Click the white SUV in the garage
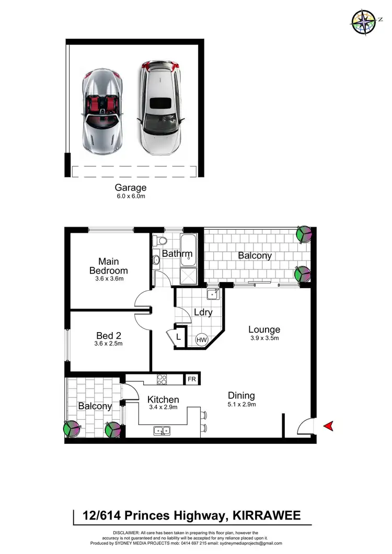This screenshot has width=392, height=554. [159, 108]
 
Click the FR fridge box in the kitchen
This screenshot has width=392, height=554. [192, 379]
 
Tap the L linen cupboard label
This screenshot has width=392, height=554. [178, 337]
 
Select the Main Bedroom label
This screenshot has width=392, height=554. [108, 266]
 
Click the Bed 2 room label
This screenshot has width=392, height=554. [109, 336]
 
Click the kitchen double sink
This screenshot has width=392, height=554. [162, 431]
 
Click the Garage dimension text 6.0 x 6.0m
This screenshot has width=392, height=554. [130, 196]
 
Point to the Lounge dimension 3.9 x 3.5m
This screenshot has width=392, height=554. [264, 338]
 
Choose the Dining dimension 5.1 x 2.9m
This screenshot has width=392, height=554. [241, 404]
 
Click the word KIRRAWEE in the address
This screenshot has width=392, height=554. [266, 516]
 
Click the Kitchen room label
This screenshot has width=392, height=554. [163, 399]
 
